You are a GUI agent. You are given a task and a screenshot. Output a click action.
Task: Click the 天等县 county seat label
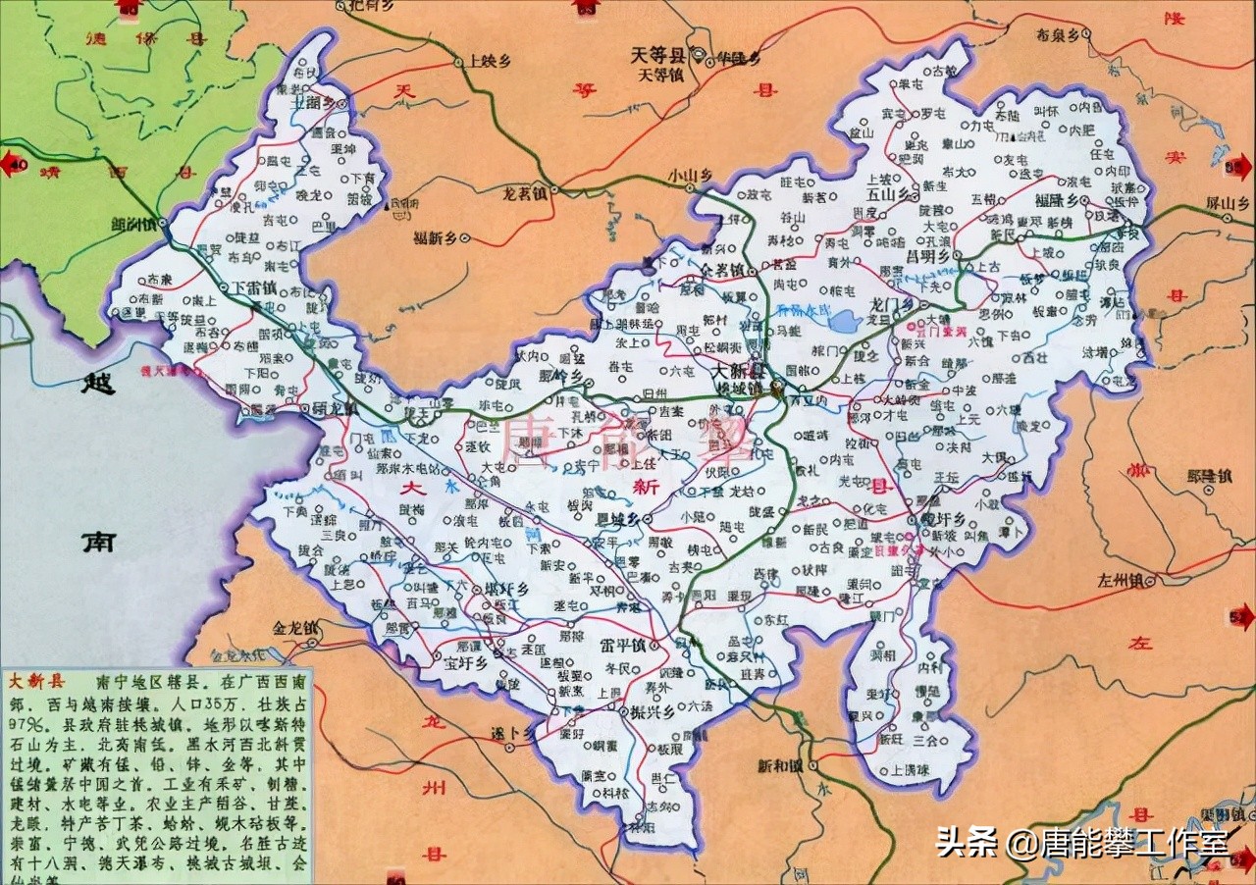659,56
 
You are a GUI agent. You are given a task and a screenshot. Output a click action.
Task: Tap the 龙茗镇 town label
521,195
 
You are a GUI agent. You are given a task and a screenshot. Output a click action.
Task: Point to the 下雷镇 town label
254,287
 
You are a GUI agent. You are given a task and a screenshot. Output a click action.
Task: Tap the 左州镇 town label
1099,581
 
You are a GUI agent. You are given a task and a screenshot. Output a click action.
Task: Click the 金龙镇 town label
296,627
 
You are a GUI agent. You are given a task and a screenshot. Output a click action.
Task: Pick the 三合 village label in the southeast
925,738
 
